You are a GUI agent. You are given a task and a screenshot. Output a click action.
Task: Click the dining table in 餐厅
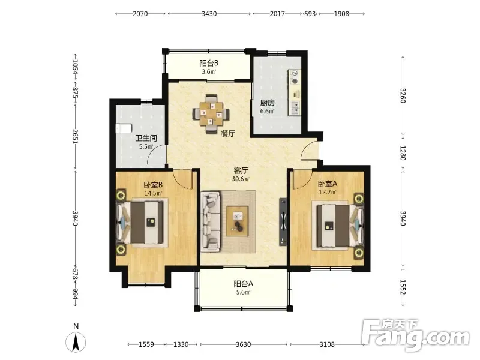coord(211,114)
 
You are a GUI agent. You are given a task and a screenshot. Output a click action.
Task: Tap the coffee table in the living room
coord(238,221)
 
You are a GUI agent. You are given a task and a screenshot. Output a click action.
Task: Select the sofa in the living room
coord(211,221)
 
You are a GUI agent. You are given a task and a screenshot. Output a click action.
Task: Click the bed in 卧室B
coord(142,223)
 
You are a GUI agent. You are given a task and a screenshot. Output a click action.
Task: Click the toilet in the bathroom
coord(124,128)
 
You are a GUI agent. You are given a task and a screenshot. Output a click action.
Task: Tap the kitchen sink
coord(295,108)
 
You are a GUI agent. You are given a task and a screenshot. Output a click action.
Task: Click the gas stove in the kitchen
coord(295,77)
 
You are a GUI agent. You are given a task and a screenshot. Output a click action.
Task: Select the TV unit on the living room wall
coord(283,222)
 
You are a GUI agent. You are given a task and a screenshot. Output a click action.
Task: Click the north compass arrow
coord(76,342)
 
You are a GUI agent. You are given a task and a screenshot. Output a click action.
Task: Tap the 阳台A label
coord(244,284)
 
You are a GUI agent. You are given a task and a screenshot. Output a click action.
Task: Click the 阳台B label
coord(209,64)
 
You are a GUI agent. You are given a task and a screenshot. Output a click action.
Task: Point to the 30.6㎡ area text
coord(241,179)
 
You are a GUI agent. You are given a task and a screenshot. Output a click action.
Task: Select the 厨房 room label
coord(267,103)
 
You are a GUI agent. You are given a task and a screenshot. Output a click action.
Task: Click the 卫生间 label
coord(146,139)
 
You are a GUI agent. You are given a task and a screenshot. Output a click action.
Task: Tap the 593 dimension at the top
coord(310,14)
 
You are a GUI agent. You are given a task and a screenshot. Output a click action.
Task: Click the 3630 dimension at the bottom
coord(244,344)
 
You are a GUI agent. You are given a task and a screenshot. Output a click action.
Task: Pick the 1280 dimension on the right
coord(403,153)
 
